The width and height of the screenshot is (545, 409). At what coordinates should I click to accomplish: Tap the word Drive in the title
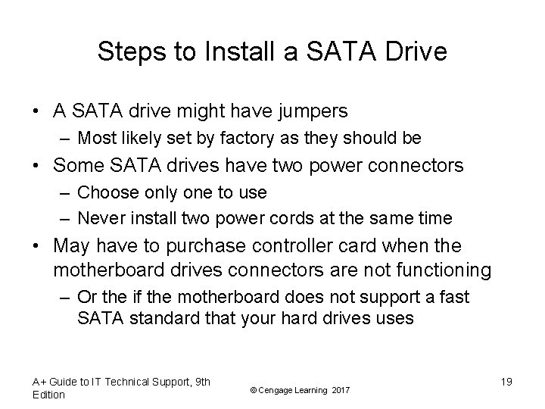click(x=414, y=52)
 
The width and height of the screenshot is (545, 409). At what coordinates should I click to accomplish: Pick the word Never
click(x=99, y=219)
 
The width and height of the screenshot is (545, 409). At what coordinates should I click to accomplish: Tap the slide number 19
click(x=506, y=382)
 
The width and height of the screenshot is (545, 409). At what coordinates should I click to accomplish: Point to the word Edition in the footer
click(x=49, y=395)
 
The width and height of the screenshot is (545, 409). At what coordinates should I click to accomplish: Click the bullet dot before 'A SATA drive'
click(x=36, y=112)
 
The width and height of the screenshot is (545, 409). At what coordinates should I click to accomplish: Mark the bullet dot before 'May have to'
click(x=36, y=248)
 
